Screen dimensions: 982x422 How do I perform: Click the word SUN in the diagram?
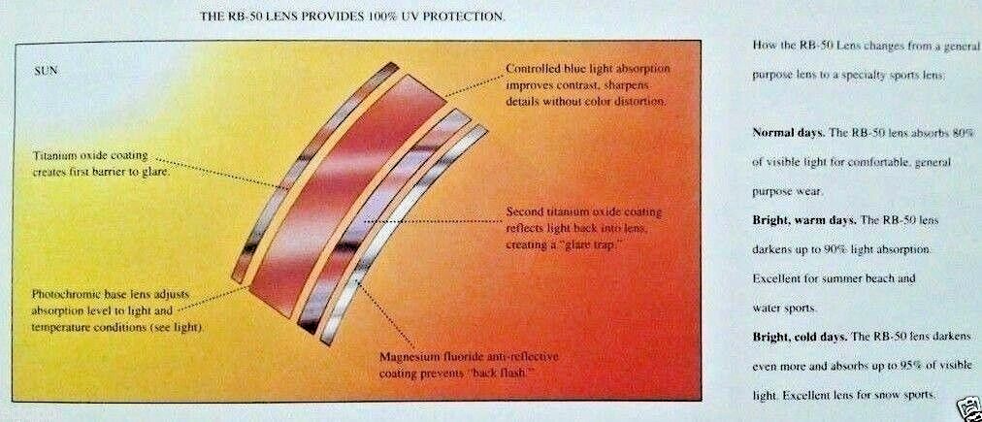point(45,71)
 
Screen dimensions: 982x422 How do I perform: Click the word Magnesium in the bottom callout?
point(404,358)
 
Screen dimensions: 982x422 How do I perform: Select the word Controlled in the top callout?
point(531,68)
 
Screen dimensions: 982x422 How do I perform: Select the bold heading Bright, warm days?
point(804,220)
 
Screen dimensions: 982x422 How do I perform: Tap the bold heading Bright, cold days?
point(800,337)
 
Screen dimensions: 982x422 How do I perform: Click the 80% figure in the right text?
point(966,133)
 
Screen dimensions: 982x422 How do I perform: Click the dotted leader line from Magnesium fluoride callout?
point(385,314)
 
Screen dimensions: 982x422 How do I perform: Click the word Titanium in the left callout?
point(56,155)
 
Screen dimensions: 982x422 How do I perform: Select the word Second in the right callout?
point(522,212)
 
